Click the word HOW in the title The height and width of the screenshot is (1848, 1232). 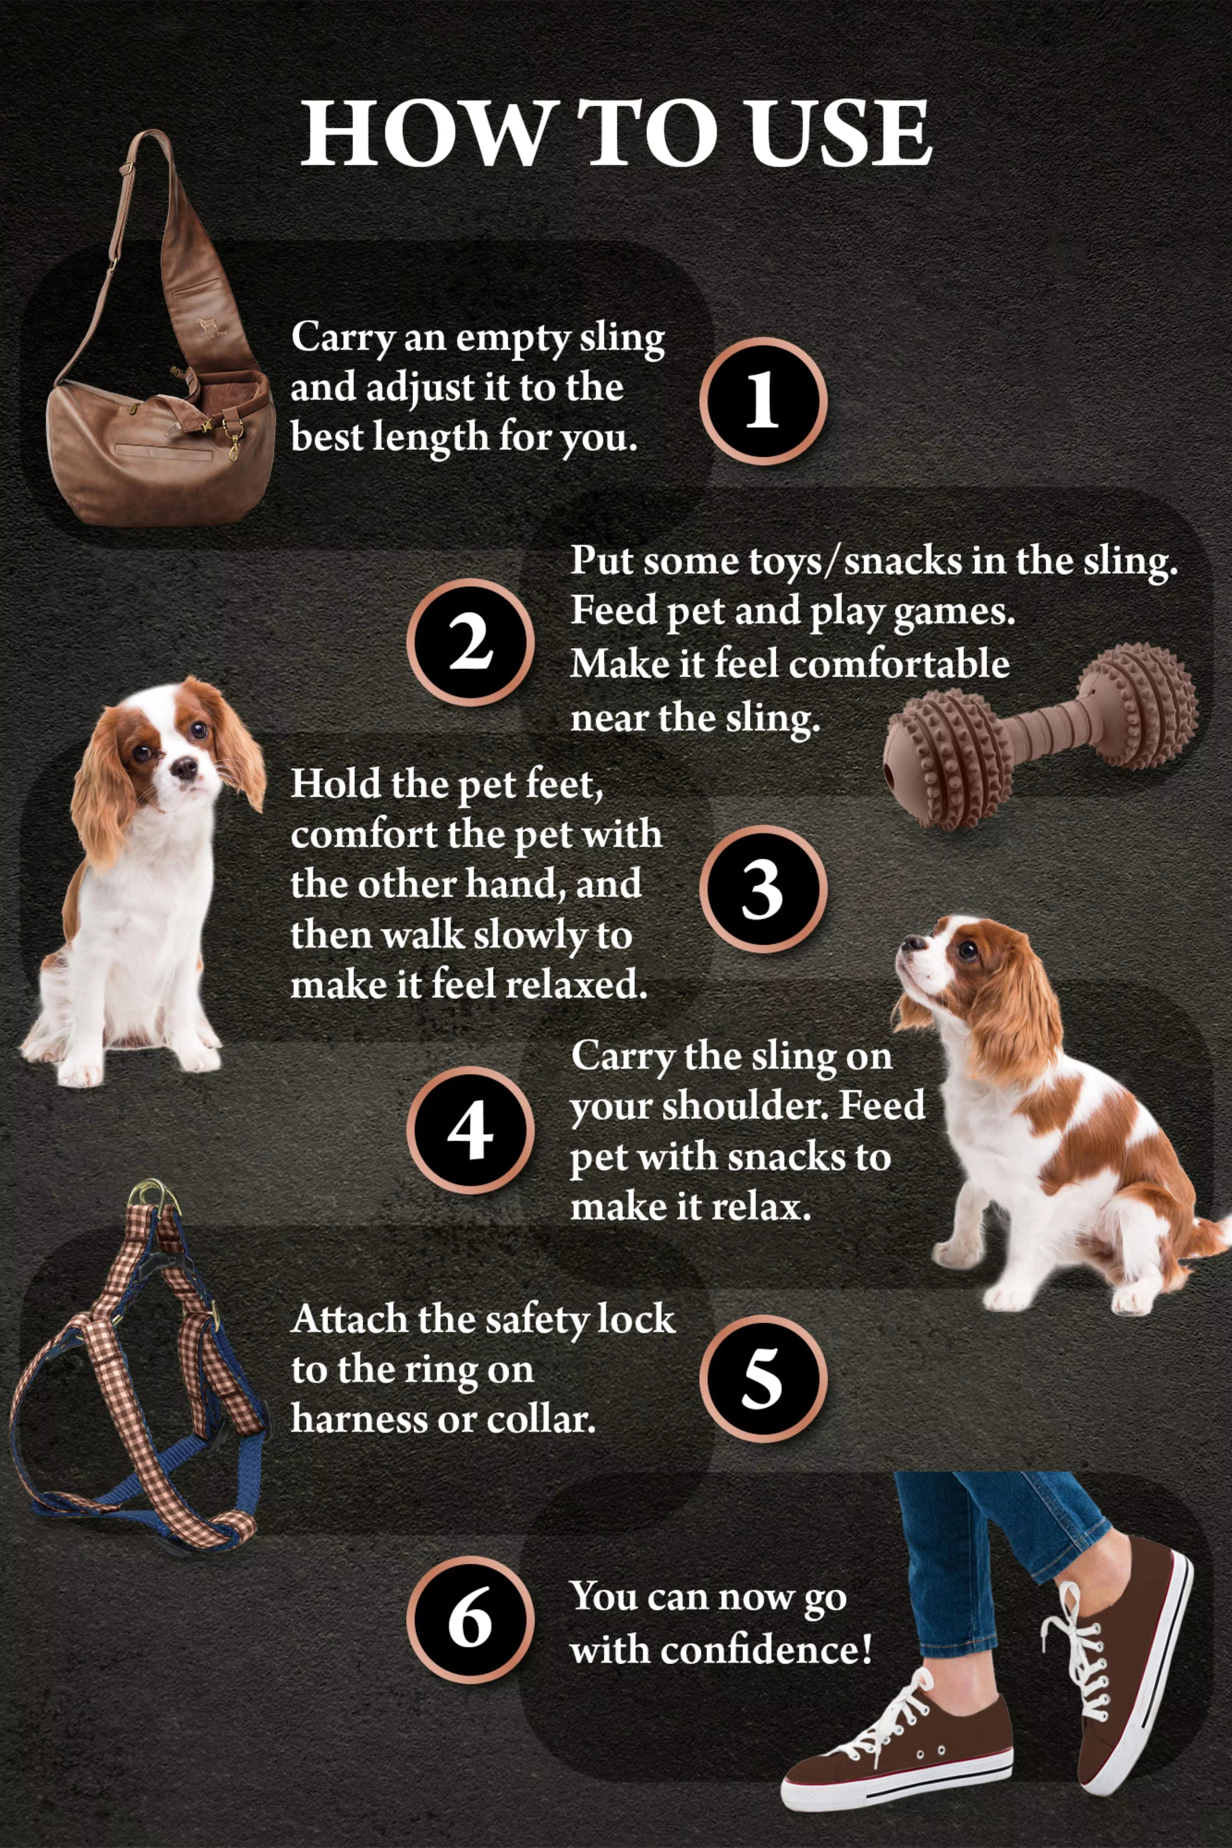[424, 133]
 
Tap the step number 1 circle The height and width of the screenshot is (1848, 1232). [762, 401]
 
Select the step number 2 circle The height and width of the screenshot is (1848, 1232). [470, 643]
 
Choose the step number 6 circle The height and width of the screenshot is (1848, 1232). [470, 1620]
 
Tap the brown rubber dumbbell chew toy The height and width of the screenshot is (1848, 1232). [1041, 735]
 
